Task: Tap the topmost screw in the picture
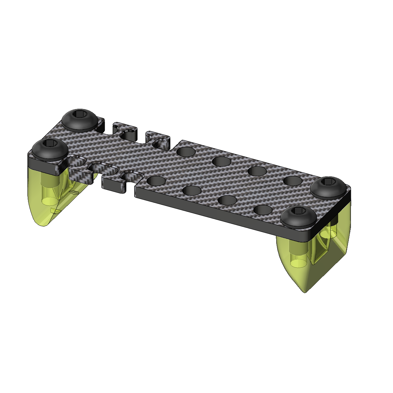click(79, 120)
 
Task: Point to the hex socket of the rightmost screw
click(329, 182)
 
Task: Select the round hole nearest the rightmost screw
click(293, 181)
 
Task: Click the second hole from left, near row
click(192, 191)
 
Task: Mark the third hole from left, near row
click(227, 200)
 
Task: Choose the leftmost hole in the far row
click(187, 152)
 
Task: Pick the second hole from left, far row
click(222, 161)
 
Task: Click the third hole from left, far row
click(257, 171)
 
